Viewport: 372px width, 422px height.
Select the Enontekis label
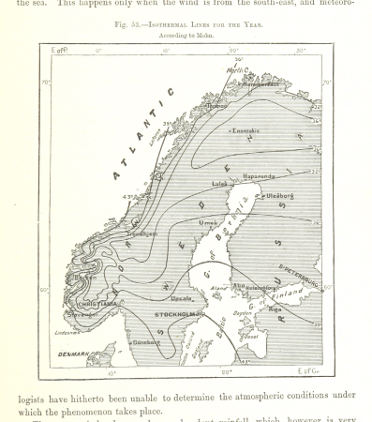pos(246,130)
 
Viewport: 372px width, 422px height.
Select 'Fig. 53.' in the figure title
pos(125,24)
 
